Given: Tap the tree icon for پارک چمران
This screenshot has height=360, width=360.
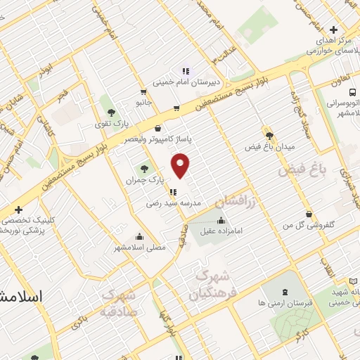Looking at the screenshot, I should click(145, 169).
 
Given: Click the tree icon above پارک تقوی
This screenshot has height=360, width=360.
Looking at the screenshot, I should click(111, 112).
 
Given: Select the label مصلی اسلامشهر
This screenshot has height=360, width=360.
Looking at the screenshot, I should click(140, 247).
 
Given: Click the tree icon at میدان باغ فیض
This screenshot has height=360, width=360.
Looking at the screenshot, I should click(269, 135).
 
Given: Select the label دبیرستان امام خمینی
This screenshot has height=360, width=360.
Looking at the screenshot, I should click(188, 82).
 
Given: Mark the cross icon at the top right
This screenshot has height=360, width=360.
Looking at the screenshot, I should click(333, 30).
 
